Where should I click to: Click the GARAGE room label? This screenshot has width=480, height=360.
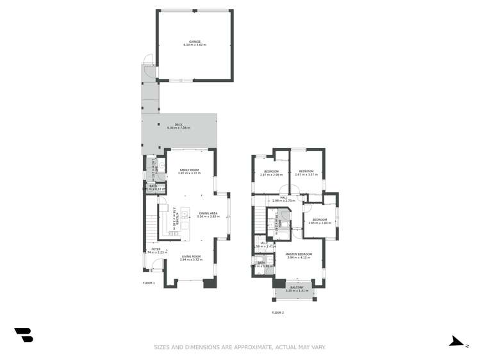[195, 42]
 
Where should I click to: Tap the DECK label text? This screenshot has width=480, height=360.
[179, 124]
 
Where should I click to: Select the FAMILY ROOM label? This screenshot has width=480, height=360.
[190, 170]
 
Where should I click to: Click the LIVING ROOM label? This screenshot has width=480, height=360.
[190, 256]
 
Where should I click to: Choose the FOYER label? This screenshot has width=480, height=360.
[156, 249]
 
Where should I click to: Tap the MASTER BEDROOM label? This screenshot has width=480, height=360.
[299, 254]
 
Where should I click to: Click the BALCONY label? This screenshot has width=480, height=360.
[297, 288]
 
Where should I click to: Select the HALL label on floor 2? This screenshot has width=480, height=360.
[283, 197]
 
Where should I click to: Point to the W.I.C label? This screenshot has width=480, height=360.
[264, 243]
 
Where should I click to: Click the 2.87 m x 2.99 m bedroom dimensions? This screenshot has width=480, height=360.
[271, 175]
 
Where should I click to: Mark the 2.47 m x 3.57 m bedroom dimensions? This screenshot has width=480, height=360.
[306, 175]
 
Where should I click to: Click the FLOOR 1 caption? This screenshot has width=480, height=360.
[149, 282]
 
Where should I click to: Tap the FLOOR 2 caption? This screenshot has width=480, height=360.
[277, 313]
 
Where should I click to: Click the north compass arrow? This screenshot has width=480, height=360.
[456, 341]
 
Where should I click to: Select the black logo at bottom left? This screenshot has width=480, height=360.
[24, 334]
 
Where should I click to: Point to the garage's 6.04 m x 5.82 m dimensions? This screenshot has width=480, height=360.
[195, 45]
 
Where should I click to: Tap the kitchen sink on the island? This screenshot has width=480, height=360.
[185, 215]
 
